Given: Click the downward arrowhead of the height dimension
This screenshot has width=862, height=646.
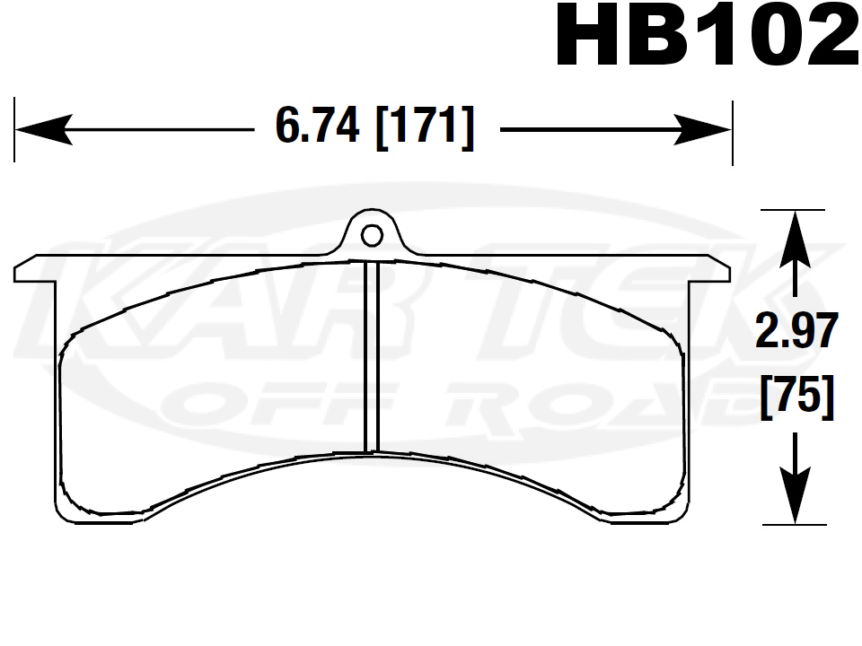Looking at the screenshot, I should point(794,498).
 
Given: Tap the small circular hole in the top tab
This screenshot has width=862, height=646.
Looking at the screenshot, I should point(371,235).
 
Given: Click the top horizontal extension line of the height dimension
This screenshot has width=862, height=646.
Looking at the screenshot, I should point(793,210).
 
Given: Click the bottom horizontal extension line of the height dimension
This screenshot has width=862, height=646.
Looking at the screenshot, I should point(793,524).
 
